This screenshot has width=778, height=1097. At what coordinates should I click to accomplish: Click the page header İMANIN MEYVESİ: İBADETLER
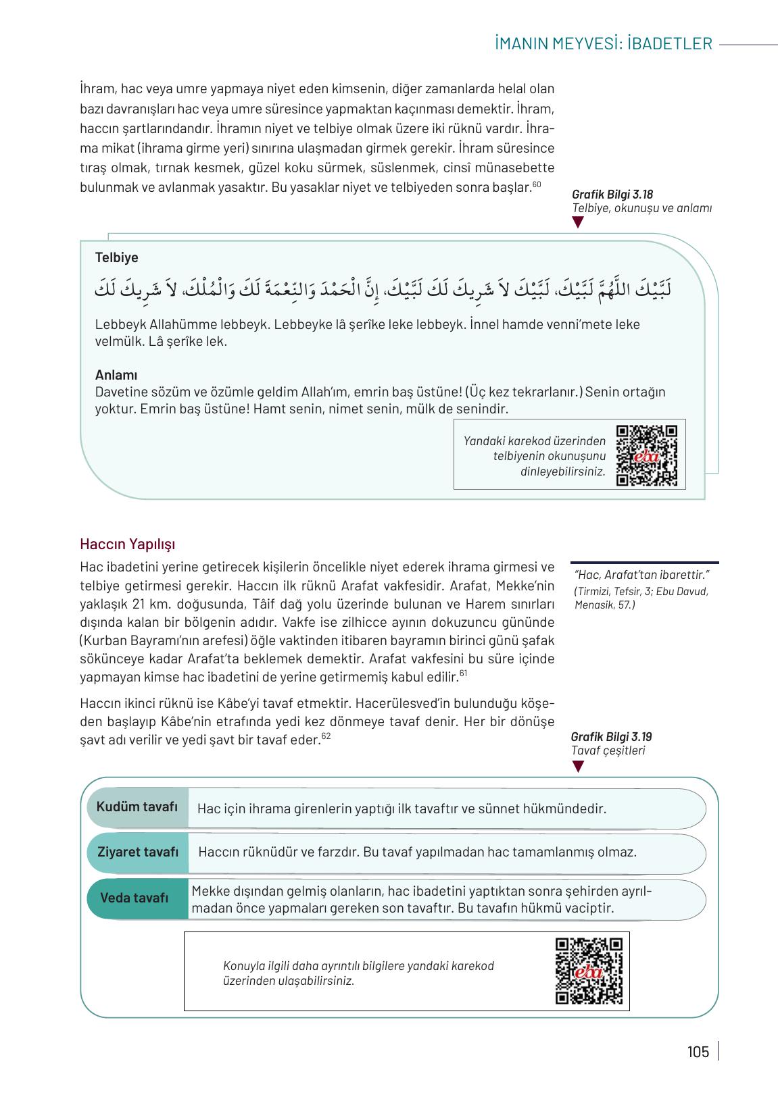coord(603,44)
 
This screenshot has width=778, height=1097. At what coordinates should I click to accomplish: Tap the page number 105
coord(698,1052)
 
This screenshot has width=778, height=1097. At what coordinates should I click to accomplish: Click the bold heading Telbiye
coord(116,257)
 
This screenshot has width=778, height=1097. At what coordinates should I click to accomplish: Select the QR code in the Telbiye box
coord(647,455)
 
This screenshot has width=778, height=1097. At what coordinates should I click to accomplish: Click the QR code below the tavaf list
coord(588,971)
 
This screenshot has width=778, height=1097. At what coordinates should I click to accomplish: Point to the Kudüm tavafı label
coord(137,807)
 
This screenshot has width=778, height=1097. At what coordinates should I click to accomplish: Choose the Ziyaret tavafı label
coord(138,852)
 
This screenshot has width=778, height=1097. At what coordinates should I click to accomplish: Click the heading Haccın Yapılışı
coord(127,544)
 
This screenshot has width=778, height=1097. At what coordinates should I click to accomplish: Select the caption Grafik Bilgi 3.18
coord(612,195)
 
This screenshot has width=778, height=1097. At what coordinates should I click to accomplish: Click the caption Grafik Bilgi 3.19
coord(611,737)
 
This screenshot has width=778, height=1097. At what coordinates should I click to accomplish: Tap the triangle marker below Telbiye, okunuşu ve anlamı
coord(577,222)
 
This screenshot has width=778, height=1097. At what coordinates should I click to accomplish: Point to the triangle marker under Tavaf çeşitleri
coord(577,766)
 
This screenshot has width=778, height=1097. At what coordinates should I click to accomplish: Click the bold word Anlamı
coord(116,376)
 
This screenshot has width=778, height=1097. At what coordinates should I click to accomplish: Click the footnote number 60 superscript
coord(537,184)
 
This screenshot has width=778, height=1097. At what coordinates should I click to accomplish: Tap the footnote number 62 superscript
coord(326,736)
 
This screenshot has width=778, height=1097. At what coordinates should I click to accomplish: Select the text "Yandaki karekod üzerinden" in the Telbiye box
coord(534,440)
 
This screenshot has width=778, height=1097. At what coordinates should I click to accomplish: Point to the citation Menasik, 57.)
coord(604,605)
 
